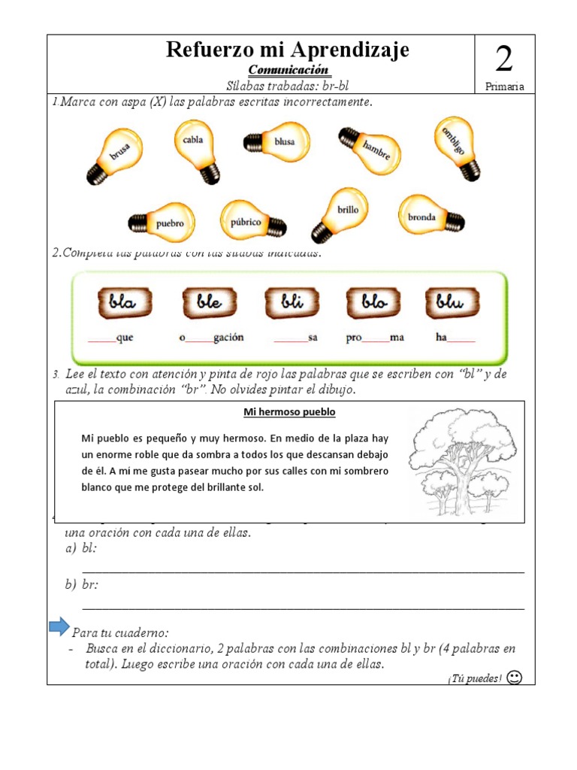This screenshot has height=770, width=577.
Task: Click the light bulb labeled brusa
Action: (x=115, y=155)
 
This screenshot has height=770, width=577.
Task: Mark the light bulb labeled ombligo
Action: (x=456, y=147)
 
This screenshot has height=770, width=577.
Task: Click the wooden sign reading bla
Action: (x=124, y=302)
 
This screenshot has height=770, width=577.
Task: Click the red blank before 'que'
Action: (x=102, y=341)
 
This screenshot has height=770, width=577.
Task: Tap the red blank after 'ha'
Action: (x=461, y=341)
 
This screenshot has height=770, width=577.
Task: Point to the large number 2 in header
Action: (x=504, y=59)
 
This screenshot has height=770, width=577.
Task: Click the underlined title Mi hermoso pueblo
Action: (x=289, y=412)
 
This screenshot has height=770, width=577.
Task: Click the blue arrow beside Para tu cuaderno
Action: (x=59, y=626)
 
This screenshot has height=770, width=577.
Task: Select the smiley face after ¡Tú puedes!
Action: (x=515, y=678)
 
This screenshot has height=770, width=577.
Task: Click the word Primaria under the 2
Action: (x=504, y=86)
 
